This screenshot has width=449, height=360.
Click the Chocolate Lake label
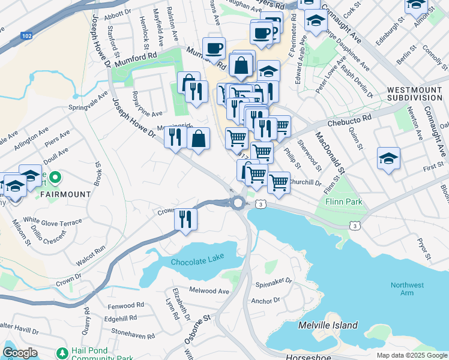pos(197,262)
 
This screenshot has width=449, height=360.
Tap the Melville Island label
pos(328,326)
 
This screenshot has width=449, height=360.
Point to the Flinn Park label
pos(343,202)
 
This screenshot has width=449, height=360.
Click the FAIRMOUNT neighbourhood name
pos(66,194)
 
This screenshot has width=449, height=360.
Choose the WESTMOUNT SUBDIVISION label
pos(415,93)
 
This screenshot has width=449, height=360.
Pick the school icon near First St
pos(388,159)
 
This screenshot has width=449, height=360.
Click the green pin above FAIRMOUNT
pos(55,177)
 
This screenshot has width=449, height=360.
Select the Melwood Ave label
pos(209,291)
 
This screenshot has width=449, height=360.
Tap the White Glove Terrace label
pos(52,221)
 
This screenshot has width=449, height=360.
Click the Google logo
pos(20,353)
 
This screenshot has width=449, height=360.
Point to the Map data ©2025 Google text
pos(411,355)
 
